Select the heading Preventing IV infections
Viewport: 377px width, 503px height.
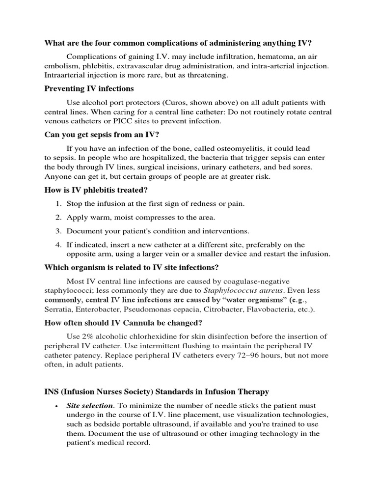[x=89, y=88]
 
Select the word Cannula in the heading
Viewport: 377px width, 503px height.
[x=131, y=323]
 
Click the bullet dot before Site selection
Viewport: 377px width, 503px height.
[x=57, y=406]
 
